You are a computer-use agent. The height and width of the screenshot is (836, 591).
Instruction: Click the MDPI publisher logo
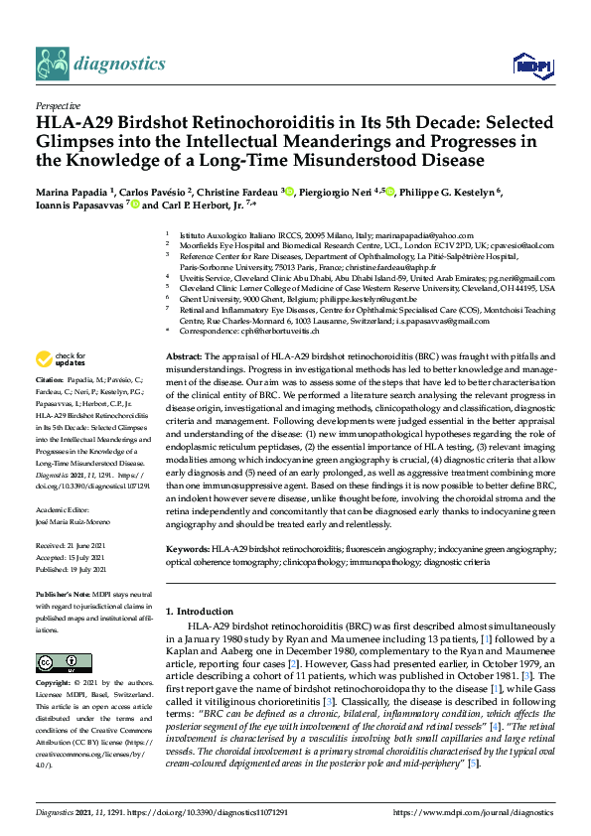(x=529, y=66)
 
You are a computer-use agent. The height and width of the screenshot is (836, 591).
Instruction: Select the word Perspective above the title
(x=57, y=105)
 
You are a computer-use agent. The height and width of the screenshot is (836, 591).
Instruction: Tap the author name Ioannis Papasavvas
(x=74, y=206)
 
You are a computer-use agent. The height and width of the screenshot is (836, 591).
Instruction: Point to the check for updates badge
(x=61, y=358)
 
